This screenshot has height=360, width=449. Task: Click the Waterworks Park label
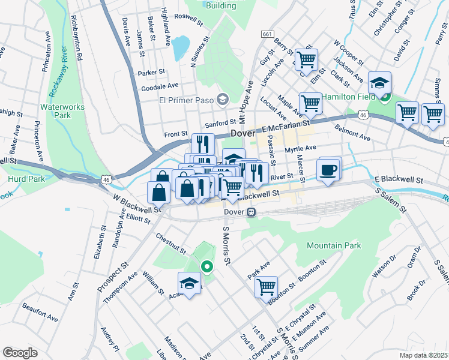[x=62, y=111]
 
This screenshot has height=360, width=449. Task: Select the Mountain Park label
[x=334, y=245]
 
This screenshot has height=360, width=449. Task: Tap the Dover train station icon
[x=252, y=212]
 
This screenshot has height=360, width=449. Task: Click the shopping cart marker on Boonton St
[x=266, y=286]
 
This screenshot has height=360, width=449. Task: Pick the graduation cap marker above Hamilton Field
[x=379, y=82]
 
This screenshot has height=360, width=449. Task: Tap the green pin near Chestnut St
[x=207, y=266]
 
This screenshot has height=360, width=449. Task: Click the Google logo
[x=20, y=353]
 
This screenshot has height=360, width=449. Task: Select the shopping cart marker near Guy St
[x=306, y=59]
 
